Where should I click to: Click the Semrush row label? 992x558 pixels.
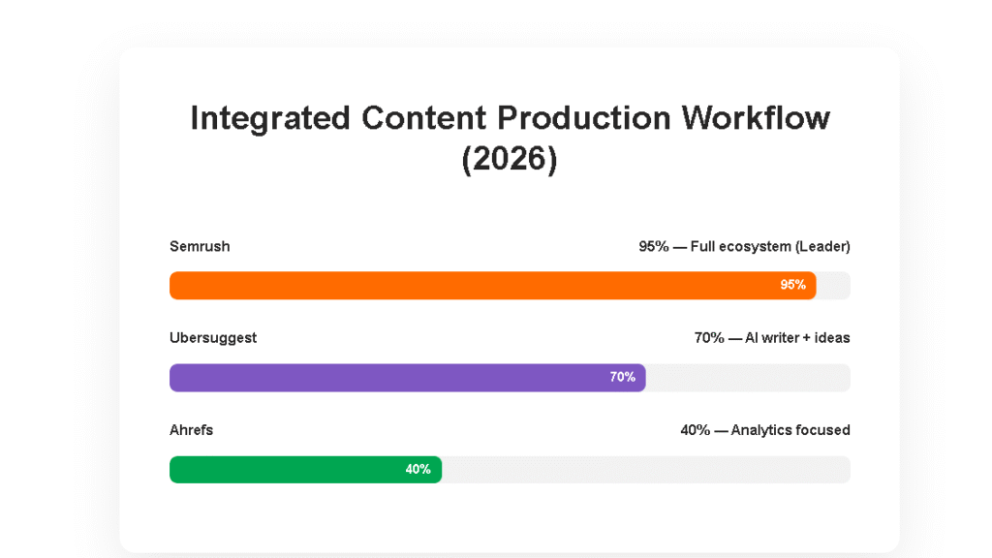point(200,247)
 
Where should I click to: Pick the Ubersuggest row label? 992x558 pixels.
point(213,338)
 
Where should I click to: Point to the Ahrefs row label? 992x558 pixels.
point(191,430)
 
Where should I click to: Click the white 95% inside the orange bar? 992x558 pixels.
point(792,285)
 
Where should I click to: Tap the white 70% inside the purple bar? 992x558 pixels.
point(622,378)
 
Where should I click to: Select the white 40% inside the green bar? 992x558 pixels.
point(418,470)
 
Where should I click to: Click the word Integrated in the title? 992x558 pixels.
point(269,118)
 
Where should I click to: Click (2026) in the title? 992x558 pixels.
point(510,159)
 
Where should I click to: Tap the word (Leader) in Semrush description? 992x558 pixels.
point(822,247)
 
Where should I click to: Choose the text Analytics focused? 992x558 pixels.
point(790,430)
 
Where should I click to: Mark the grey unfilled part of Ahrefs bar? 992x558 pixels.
point(645,470)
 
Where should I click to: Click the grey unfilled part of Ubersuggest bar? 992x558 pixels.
point(748,378)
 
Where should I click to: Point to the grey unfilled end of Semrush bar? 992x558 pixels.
point(834,285)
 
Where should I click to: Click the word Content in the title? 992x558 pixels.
point(423,118)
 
